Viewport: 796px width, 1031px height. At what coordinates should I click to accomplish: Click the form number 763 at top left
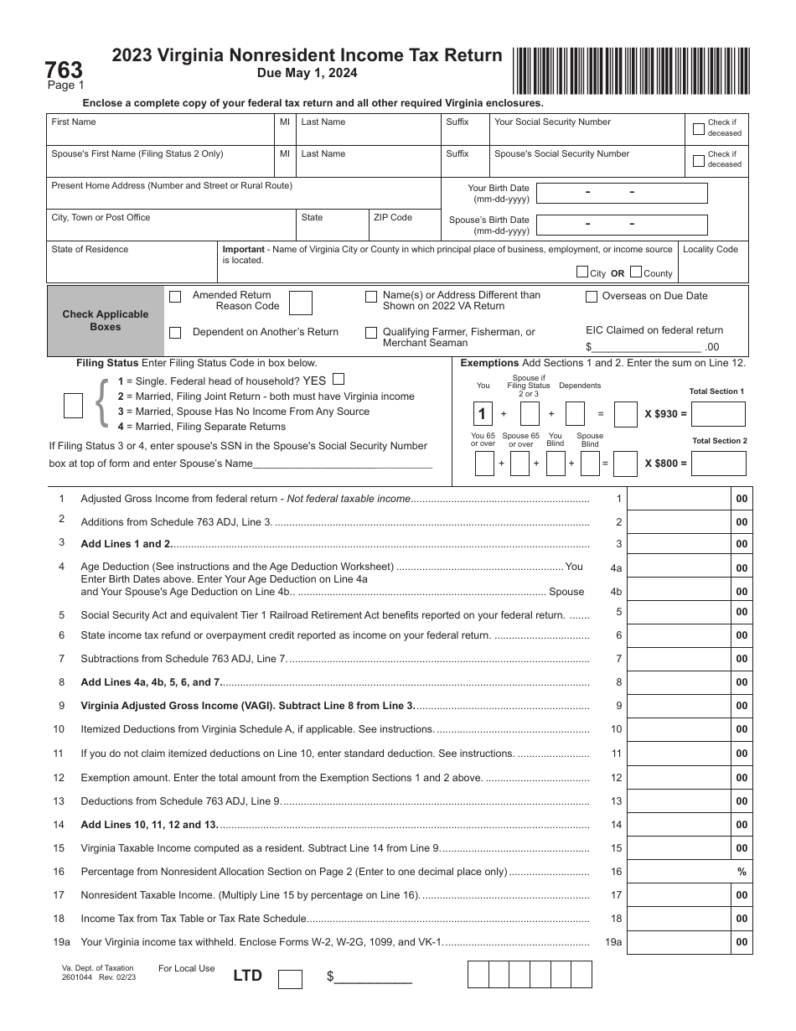(x=63, y=69)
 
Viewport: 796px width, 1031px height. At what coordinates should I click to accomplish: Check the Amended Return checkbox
(x=175, y=297)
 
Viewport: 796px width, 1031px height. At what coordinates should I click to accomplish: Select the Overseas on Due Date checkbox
(x=592, y=297)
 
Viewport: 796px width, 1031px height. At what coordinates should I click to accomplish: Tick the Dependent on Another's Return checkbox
(x=175, y=333)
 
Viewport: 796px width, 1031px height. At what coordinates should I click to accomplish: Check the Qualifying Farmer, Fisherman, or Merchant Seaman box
(x=370, y=333)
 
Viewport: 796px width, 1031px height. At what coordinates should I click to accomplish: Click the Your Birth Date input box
(x=621, y=193)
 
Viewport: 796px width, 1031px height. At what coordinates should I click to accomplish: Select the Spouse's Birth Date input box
(x=621, y=225)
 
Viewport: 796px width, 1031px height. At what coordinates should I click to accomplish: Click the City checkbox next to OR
(x=582, y=272)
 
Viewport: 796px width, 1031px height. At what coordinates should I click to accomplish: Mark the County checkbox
(x=636, y=272)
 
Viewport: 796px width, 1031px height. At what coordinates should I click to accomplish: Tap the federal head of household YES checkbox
(x=339, y=379)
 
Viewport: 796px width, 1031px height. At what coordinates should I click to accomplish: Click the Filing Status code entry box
(x=74, y=405)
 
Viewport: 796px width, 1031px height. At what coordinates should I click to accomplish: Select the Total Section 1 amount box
(x=718, y=414)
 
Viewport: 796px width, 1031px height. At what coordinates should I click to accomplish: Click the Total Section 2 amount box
(x=718, y=464)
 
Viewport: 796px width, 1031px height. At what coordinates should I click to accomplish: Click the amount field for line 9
(x=679, y=706)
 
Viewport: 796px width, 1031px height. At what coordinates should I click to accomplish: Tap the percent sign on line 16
(x=741, y=872)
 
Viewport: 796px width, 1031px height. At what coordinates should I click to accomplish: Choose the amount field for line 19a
(x=679, y=942)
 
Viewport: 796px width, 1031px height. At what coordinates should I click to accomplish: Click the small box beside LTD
(x=290, y=978)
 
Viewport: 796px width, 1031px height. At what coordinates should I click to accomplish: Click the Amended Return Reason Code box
(x=301, y=303)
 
